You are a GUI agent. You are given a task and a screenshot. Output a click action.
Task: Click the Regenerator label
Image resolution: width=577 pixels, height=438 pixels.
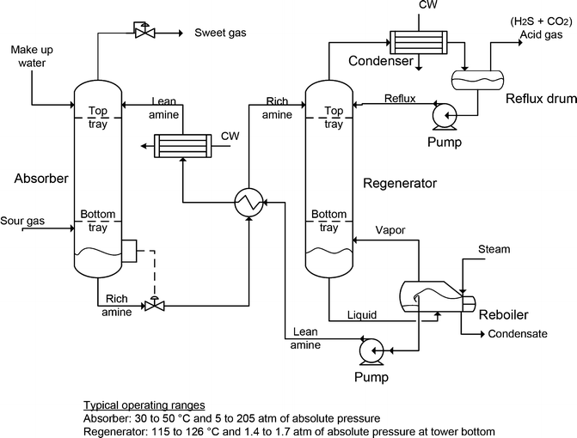[x=401, y=183]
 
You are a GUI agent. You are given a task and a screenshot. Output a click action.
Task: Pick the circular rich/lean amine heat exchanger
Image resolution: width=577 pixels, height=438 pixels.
[x=249, y=203]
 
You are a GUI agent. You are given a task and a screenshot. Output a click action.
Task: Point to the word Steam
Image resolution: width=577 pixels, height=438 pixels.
[x=494, y=250]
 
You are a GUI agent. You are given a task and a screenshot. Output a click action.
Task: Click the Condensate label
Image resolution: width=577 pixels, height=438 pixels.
[x=518, y=334]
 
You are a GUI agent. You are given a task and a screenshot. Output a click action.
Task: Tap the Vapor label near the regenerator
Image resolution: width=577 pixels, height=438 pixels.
[x=392, y=229]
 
